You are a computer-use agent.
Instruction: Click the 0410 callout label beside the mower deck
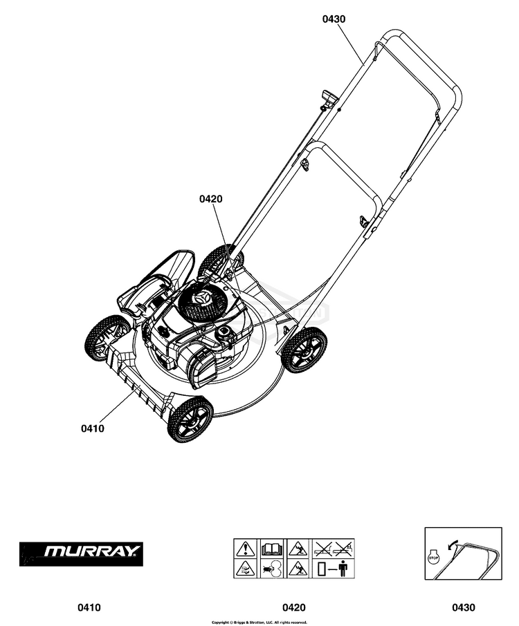(x=92, y=428)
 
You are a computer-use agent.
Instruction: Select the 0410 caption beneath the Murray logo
(x=89, y=608)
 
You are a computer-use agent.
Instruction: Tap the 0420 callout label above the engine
(x=210, y=199)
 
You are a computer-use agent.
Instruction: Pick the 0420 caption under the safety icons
(x=293, y=608)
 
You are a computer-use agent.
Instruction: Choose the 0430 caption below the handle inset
(x=464, y=608)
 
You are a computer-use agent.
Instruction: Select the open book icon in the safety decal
(x=270, y=549)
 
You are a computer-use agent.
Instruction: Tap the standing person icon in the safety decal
(x=344, y=569)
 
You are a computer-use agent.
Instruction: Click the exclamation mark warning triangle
(x=245, y=549)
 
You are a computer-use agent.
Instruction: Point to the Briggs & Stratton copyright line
(x=259, y=622)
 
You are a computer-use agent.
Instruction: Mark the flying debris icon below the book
(x=270, y=569)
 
